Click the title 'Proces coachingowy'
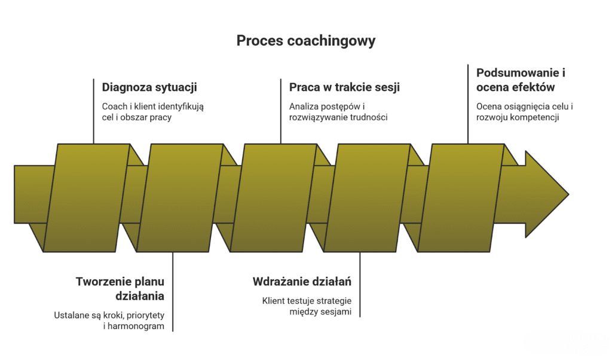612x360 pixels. point(305,41)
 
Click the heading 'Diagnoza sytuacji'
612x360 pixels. point(149,87)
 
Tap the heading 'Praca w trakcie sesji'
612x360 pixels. point(344,87)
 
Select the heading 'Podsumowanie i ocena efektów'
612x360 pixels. point(521,80)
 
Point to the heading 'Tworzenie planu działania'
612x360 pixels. point(120,288)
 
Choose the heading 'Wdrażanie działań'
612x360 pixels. point(302,282)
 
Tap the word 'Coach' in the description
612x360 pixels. point(114,106)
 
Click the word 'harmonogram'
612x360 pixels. point(134,326)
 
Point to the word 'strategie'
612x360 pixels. point(333,300)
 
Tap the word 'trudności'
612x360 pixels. point(368,117)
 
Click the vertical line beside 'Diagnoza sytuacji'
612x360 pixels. point(94,111)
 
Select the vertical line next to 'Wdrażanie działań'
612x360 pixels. point(360,284)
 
